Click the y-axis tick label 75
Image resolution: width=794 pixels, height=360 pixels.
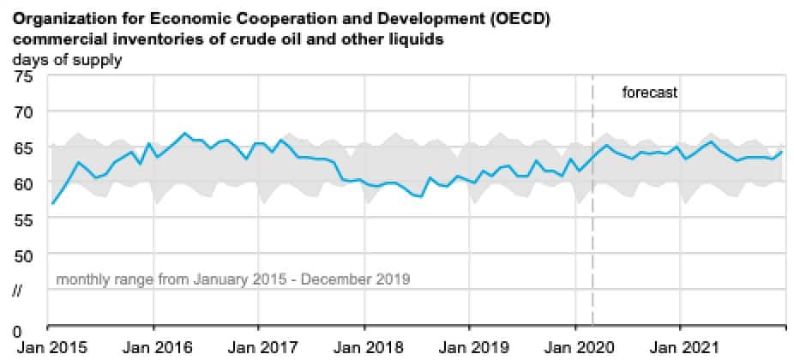coord(23,76)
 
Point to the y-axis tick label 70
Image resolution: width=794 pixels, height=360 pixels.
coord(23,111)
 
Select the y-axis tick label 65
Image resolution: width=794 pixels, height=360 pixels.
coord(23,147)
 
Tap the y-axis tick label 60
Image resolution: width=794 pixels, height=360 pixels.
coord(23,183)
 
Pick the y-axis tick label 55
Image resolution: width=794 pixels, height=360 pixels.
coord(23,219)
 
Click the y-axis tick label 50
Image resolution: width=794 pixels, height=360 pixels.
coord(23,255)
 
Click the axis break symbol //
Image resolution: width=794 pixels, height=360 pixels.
coord(18,291)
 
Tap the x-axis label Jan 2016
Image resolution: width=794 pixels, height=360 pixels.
coord(153,348)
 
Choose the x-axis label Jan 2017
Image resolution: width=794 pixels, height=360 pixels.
coord(258,348)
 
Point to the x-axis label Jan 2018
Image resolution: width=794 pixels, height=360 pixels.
coord(364,348)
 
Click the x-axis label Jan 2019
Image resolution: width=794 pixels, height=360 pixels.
coord(469,348)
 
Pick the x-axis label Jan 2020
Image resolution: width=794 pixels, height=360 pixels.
coord(574,348)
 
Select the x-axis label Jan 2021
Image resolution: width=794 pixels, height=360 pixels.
coord(680,348)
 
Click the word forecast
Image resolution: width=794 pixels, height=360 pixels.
coord(650,93)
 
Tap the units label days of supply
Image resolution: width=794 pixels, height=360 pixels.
coord(67,60)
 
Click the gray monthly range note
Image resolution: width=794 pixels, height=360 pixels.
coord(233,279)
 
